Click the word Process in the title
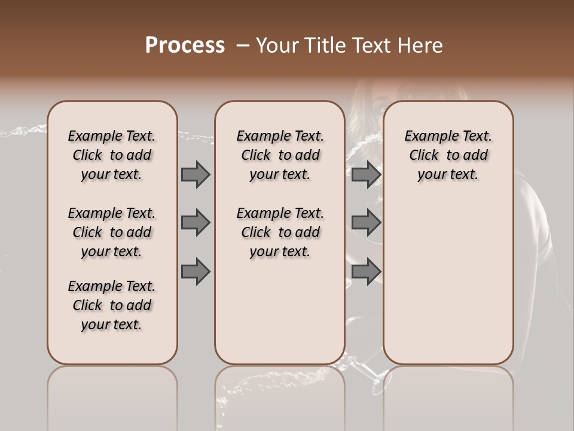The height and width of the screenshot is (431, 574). click(185, 45)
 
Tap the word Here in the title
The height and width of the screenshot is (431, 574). click(420, 45)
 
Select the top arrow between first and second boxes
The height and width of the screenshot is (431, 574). click(196, 175)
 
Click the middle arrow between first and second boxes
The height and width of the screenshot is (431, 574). click(196, 223)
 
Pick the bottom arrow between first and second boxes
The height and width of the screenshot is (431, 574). click(196, 271)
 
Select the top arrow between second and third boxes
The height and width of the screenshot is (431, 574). click(366, 175)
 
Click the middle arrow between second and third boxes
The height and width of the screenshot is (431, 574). click(366, 223)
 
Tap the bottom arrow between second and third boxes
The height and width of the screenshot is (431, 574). click(366, 271)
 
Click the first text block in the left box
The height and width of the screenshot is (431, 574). click(112, 155)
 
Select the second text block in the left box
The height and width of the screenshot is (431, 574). click(112, 232)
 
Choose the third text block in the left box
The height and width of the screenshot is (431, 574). click(112, 305)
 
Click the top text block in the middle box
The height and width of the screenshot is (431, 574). click(280, 155)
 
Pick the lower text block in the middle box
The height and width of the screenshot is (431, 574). click(280, 232)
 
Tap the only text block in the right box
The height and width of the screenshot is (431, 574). click(448, 155)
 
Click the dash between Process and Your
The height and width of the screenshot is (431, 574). click(243, 45)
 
